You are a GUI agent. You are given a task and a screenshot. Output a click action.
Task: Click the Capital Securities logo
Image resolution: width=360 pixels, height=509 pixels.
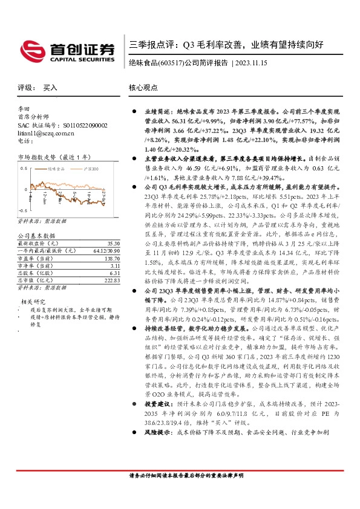click(67, 49)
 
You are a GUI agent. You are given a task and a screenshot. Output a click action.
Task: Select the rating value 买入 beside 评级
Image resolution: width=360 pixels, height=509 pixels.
click(51, 88)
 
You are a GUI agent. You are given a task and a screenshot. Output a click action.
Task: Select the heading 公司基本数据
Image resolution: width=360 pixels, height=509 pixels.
click(36, 235)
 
